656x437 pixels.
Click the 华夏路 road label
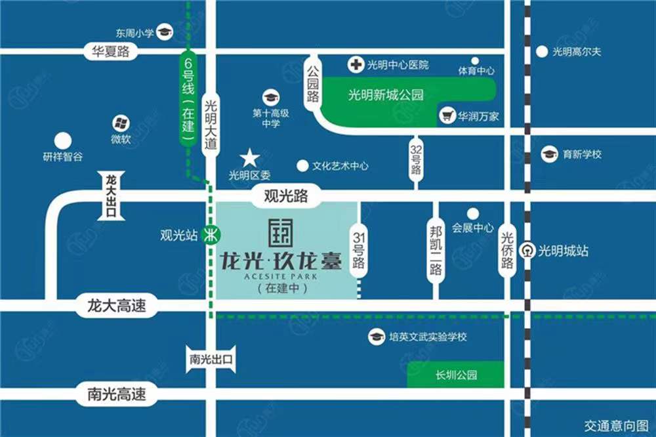pos(110,51)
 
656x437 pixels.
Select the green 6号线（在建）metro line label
pos(188,98)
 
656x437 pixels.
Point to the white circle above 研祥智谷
pos(63,140)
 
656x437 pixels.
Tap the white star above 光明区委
pos(249,158)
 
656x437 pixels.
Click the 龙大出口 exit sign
pos(110,195)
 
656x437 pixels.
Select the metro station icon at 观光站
pos(211,234)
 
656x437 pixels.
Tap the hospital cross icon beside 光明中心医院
pos(355,64)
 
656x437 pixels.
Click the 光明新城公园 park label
pos(386,95)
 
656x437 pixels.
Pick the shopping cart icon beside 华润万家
pos(448,116)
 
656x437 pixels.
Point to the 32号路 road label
pos(415,159)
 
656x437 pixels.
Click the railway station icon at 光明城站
pos(527,250)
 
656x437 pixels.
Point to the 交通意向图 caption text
pos(615,425)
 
